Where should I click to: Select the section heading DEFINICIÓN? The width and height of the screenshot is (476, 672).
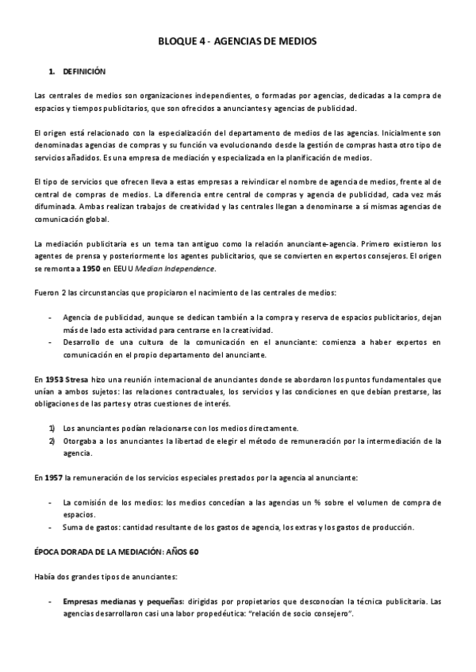pyautogui.click(x=84, y=71)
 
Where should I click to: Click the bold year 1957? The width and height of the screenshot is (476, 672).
pyautogui.click(x=47, y=478)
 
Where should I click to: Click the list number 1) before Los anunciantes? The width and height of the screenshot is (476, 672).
pyautogui.click(x=52, y=428)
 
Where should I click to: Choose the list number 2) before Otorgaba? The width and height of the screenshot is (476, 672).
pyautogui.click(x=52, y=441)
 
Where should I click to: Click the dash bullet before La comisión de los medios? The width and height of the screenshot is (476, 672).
pyautogui.click(x=51, y=502)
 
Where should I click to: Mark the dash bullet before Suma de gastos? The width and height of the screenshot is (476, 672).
pyautogui.click(x=51, y=527)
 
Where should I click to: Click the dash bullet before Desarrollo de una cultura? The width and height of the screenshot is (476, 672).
pyautogui.click(x=51, y=342)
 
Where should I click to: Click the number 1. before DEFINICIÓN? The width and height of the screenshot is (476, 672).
pyautogui.click(x=52, y=71)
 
